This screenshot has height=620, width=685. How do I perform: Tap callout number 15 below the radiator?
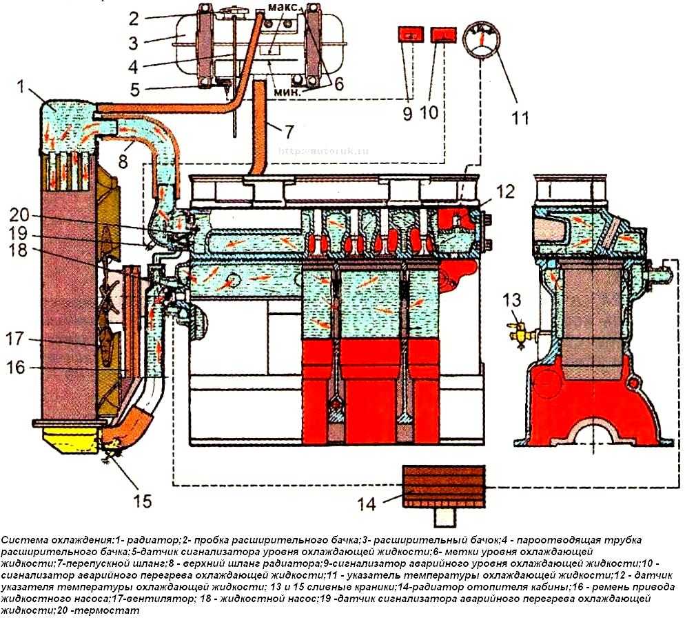pos(143,499)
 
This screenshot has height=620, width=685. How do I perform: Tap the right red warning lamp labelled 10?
pos(441,35)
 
